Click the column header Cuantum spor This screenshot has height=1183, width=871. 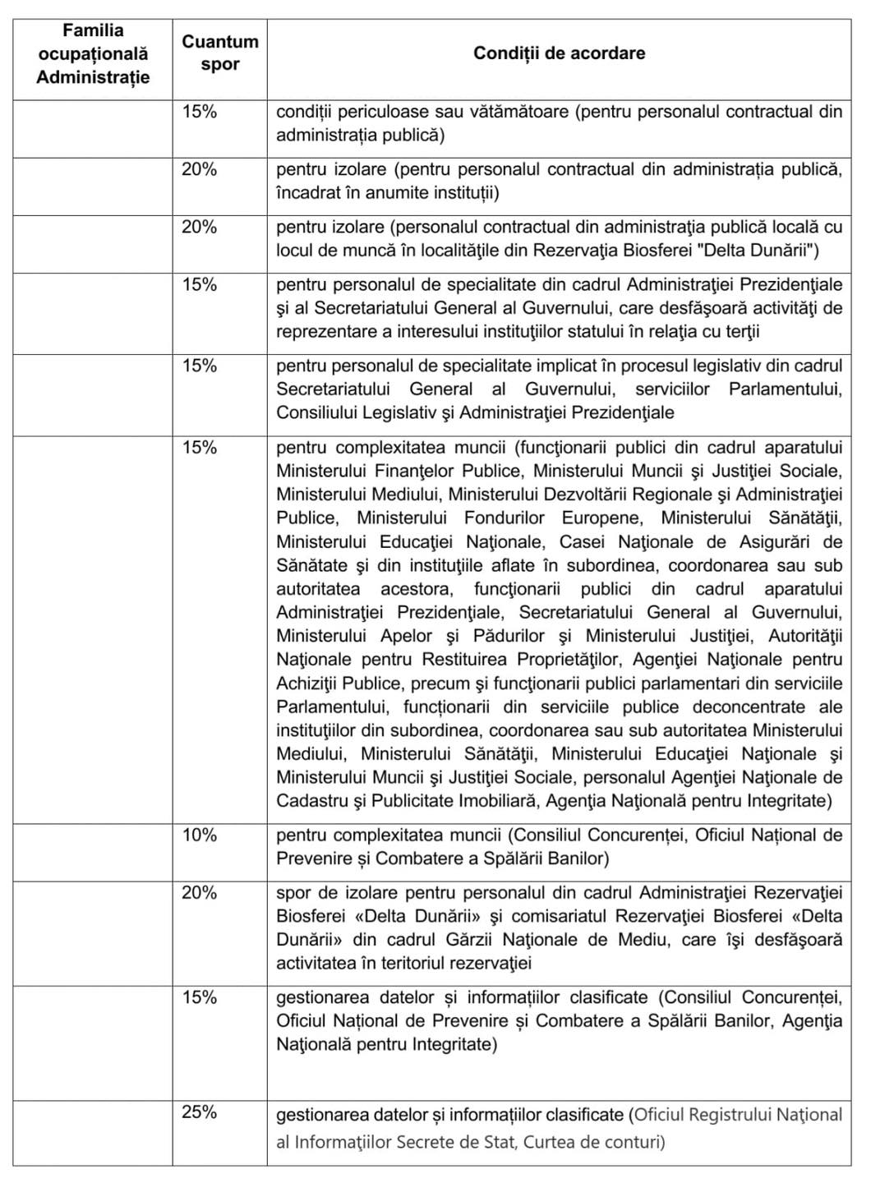[219, 53]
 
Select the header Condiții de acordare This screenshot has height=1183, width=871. [559, 53]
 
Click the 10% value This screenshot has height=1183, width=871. [200, 835]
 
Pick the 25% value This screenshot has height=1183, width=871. [200, 1112]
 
